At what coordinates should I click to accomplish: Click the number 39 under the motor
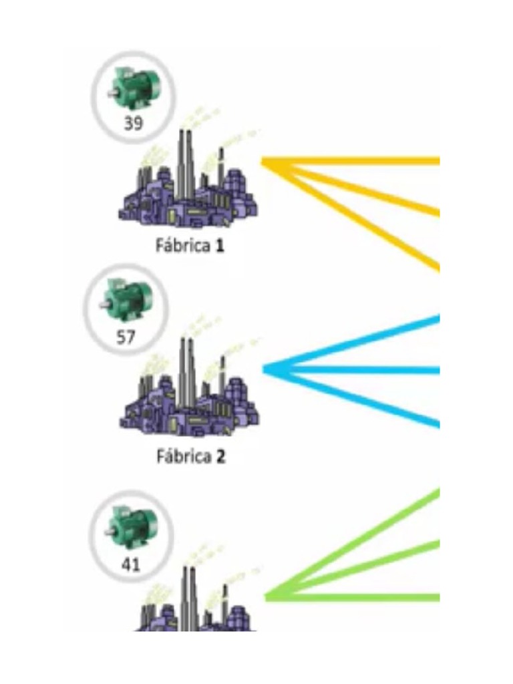tap(133, 123)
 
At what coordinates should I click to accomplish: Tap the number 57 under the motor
tap(126, 337)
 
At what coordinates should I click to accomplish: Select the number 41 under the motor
tap(131, 565)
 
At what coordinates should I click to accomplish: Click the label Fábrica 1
tap(190, 246)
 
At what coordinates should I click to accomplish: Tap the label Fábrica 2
tap(191, 458)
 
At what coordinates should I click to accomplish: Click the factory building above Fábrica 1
tap(190, 184)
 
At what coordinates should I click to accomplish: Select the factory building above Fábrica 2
tap(191, 394)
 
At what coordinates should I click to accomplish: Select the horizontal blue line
tap(361, 369)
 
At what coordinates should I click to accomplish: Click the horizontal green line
tap(361, 596)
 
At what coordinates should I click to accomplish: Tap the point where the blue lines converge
tap(267, 369)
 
